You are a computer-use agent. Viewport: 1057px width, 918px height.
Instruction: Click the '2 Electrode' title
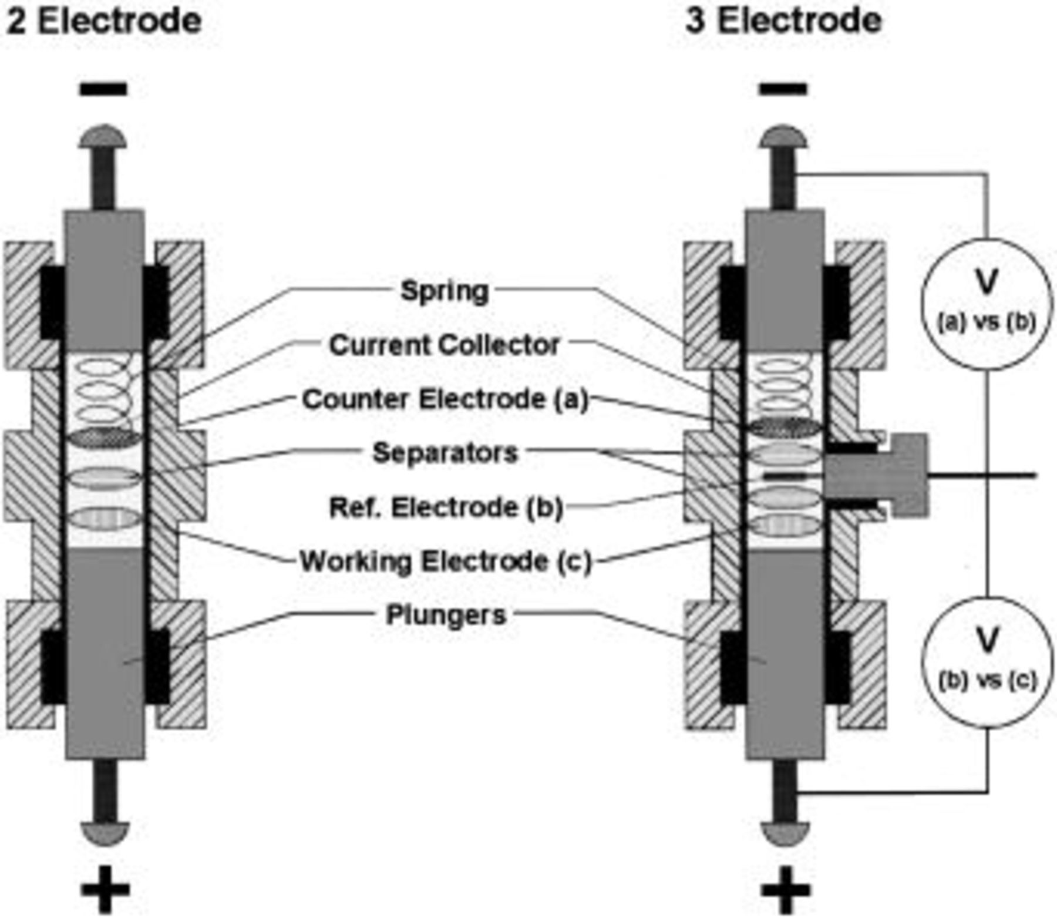[x=103, y=21]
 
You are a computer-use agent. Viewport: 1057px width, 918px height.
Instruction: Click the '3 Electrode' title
[x=783, y=21]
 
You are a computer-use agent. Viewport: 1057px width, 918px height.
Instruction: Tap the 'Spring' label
[x=444, y=291]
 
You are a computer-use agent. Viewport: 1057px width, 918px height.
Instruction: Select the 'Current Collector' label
[x=444, y=345]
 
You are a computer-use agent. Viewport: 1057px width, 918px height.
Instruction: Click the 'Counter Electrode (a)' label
[x=445, y=399]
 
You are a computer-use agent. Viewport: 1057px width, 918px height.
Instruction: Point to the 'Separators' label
[x=445, y=453]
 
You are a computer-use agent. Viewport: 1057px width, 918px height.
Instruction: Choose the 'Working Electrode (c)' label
[x=445, y=561]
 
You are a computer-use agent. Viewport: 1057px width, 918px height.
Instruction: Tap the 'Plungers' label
[x=445, y=615]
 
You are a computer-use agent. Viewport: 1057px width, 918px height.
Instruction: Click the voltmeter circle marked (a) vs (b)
[x=987, y=304]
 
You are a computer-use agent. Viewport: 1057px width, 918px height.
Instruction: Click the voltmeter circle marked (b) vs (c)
[x=987, y=663]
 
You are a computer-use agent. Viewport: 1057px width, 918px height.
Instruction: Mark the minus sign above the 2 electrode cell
[x=104, y=89]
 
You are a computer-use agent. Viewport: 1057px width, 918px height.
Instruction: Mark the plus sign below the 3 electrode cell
[x=785, y=890]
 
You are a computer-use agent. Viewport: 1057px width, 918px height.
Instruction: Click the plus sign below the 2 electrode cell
[x=105, y=890]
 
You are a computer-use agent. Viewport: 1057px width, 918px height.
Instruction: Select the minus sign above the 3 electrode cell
[x=783, y=89]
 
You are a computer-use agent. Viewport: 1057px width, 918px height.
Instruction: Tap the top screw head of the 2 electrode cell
[x=103, y=136]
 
